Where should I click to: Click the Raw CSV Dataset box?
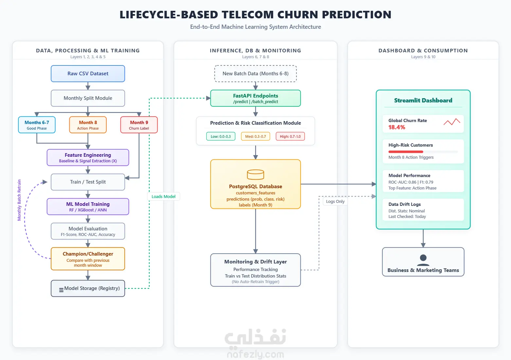[x=88, y=74]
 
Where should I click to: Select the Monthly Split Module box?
[x=88, y=98]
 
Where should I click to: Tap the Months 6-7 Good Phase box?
[x=37, y=125]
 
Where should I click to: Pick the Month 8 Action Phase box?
[x=88, y=125]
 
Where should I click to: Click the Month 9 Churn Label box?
[x=139, y=125]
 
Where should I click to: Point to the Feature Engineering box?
[x=88, y=157]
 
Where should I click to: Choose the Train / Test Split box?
[x=88, y=182]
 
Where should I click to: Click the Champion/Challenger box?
[x=88, y=259]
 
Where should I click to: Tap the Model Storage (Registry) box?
[x=88, y=288]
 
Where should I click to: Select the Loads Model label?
[x=164, y=197]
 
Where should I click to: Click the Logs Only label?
[x=335, y=201]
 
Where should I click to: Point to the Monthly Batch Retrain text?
[x=19, y=200]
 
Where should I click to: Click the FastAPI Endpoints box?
[x=255, y=98]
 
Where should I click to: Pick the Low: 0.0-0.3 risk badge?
[x=220, y=136]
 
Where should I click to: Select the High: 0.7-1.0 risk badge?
[x=290, y=136]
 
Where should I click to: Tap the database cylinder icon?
[x=255, y=175]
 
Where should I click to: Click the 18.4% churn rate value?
[x=397, y=127]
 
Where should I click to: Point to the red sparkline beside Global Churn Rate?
[x=452, y=122]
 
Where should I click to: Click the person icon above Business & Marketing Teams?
[x=423, y=260]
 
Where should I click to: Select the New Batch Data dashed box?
[x=255, y=74]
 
